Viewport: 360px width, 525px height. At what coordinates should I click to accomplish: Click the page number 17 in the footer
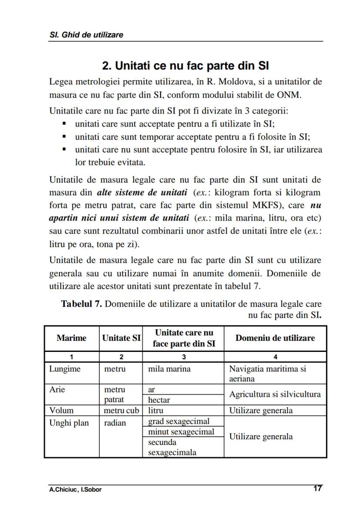(x=317, y=488)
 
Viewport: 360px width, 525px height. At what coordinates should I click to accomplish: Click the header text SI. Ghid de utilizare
(x=86, y=35)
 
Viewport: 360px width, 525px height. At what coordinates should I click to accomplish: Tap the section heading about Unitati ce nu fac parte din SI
(x=185, y=66)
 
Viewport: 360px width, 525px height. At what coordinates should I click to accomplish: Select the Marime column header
(x=71, y=338)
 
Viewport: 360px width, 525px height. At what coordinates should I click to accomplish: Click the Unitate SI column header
(x=121, y=338)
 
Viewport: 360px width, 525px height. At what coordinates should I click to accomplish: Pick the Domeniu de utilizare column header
(x=275, y=338)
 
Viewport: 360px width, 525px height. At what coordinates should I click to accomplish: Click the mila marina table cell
(x=169, y=369)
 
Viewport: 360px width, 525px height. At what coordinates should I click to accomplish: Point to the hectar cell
(x=159, y=400)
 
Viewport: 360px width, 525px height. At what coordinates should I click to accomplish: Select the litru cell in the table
(x=156, y=410)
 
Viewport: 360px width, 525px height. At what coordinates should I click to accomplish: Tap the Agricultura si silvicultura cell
(x=275, y=394)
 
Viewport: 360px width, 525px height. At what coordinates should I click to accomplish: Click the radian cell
(x=115, y=423)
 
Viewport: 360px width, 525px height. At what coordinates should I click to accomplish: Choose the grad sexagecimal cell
(x=179, y=421)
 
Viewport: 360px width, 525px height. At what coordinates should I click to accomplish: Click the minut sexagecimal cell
(x=181, y=431)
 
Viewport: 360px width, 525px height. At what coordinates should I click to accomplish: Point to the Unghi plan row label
(x=69, y=423)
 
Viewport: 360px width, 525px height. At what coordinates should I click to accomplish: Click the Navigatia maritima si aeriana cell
(x=267, y=374)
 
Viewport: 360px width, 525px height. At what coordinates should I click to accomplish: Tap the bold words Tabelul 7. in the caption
(x=81, y=304)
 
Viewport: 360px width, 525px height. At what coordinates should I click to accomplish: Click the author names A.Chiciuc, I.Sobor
(x=75, y=489)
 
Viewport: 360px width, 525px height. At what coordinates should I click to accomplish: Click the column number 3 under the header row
(x=183, y=357)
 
